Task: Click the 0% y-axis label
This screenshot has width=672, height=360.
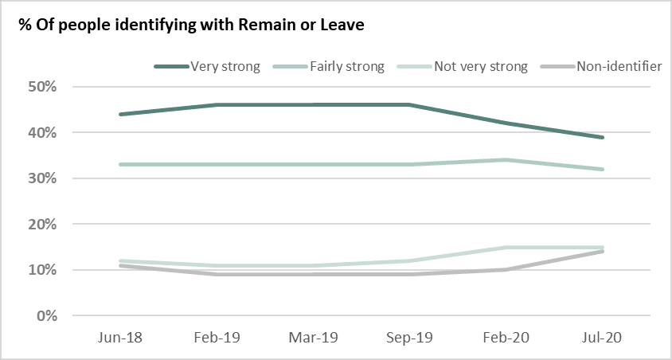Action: click(x=50, y=316)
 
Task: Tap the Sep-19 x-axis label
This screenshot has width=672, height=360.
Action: click(x=408, y=337)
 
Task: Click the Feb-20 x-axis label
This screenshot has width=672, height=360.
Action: click(x=506, y=337)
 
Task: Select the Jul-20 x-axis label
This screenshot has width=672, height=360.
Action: click(x=603, y=337)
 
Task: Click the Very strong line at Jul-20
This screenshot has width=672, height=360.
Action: click(x=603, y=137)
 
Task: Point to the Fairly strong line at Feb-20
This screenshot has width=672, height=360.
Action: click(x=506, y=159)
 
